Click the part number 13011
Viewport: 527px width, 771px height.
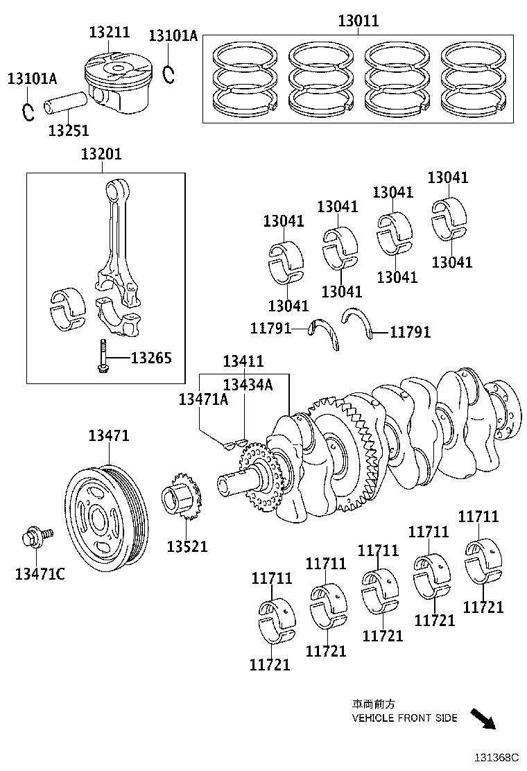point(358,21)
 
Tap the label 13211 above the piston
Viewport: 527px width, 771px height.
point(109,32)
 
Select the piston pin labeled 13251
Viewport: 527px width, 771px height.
point(67,103)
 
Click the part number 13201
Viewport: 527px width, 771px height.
point(101,154)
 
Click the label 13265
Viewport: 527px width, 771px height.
point(151,358)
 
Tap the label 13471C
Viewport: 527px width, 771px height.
point(40,573)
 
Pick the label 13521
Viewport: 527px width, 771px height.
point(187,546)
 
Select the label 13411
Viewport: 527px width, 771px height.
point(243,361)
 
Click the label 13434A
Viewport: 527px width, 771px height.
point(248,385)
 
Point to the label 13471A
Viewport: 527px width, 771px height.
point(203,399)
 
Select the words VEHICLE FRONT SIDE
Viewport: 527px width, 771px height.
point(404,718)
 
